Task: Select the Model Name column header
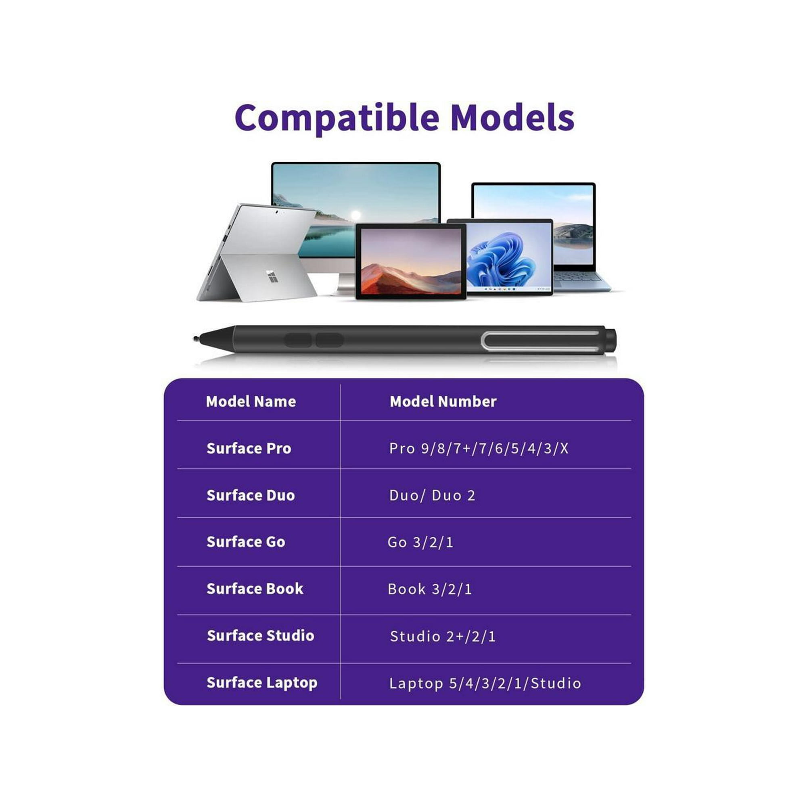click(251, 401)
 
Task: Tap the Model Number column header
click(443, 401)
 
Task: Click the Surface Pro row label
click(249, 448)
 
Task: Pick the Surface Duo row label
click(251, 495)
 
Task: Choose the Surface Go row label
click(246, 542)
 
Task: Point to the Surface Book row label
click(255, 589)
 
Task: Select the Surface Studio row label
click(261, 636)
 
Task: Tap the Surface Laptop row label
click(262, 683)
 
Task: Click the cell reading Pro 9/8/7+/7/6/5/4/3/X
click(479, 448)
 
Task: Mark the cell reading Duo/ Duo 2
click(432, 495)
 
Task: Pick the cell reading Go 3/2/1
click(420, 542)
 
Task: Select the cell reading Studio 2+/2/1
click(443, 636)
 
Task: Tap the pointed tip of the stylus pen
click(195, 339)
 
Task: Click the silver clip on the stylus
click(541, 341)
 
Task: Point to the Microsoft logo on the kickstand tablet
click(272, 276)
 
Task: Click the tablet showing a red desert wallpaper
click(411, 261)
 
